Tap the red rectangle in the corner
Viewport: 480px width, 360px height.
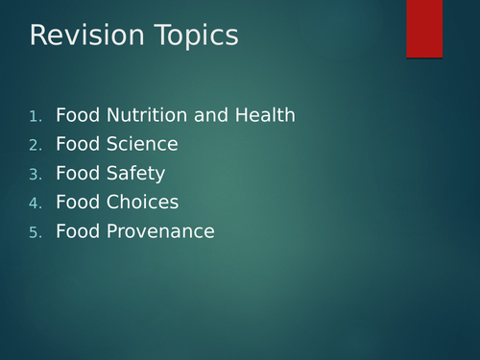424,29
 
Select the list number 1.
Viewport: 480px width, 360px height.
36,117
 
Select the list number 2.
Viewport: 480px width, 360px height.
36,146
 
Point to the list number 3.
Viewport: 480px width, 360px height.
36,175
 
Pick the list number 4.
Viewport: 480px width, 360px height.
36,204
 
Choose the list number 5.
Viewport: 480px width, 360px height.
36,232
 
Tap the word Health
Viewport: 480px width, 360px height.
263,116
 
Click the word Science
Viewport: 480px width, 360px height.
142,145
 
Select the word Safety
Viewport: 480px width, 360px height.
136,175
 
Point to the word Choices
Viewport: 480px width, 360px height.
142,203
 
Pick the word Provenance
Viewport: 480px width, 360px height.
160,231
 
